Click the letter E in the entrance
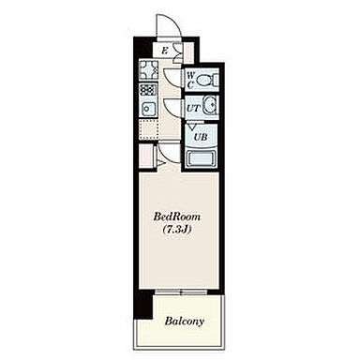165,51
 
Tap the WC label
190,80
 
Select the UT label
193,109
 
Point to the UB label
201,137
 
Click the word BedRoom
176,217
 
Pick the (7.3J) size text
176,230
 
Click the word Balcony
185,321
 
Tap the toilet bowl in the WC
209,80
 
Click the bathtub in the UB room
201,158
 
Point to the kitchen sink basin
147,109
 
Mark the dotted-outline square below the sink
148,128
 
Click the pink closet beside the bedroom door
146,156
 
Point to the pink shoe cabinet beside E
188,52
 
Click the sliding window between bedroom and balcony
181,292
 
